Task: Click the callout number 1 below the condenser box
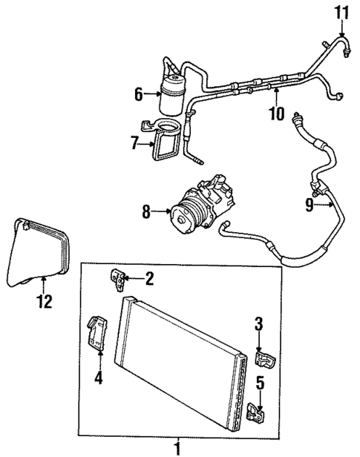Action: tap(177, 448)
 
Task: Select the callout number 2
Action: tap(150, 279)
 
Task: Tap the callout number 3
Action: tap(258, 324)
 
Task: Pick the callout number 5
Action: tap(259, 384)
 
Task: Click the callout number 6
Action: tap(139, 93)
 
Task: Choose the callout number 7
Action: tap(135, 143)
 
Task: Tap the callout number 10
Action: tap(276, 114)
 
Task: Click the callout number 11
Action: tap(341, 13)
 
